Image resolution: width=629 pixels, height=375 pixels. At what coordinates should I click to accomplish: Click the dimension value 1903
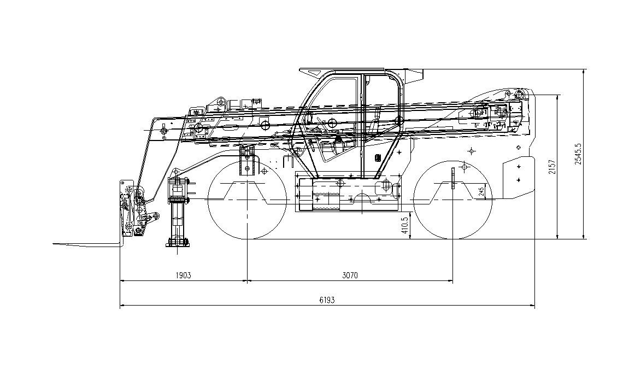click(183, 275)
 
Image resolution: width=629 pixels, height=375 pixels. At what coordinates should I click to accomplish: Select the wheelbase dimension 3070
click(350, 275)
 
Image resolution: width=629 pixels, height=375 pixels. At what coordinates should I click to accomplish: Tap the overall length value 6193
click(327, 300)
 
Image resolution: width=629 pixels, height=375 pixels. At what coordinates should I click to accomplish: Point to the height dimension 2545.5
click(578, 154)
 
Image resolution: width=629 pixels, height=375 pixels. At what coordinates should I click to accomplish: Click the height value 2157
click(553, 166)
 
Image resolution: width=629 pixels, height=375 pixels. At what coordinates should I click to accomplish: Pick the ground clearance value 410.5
click(405, 225)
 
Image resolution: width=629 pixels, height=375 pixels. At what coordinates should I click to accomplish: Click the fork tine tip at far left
click(54, 243)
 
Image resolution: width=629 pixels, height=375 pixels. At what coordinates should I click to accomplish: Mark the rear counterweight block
click(519, 175)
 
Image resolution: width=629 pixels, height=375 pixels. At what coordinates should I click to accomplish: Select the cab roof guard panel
click(361, 71)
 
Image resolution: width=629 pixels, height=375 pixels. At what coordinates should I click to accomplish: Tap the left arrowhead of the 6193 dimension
click(122, 306)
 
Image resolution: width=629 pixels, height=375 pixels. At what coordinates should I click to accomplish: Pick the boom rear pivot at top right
click(520, 95)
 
